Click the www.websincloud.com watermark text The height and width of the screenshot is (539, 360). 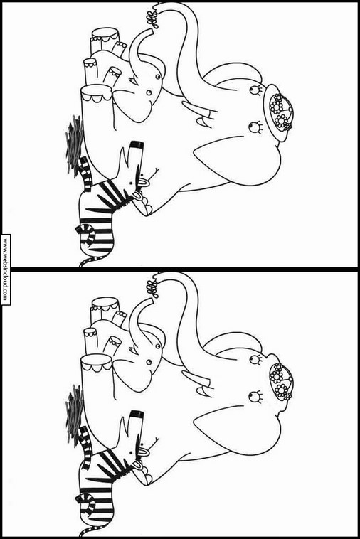tap(5, 269)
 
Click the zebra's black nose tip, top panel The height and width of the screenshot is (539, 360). tap(137, 144)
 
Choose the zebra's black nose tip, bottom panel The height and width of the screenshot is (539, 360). tap(137, 414)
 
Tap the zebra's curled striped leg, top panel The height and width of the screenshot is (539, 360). tap(85, 234)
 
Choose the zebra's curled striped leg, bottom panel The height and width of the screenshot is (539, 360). tap(85, 503)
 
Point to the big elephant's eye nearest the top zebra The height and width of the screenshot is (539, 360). tap(255, 127)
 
